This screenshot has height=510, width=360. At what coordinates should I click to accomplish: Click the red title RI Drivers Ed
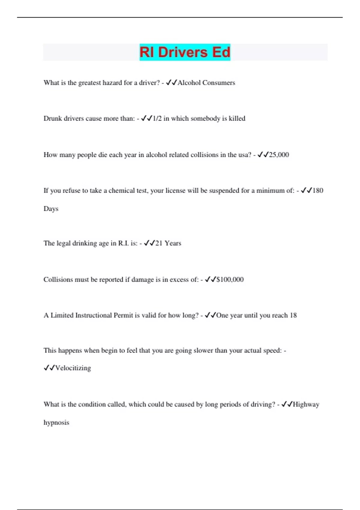[x=185, y=52]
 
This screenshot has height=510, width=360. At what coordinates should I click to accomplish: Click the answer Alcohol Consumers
[x=206, y=83]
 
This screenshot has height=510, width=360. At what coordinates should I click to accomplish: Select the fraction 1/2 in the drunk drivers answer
[x=157, y=118]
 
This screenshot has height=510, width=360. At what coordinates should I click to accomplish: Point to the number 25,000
[x=279, y=155]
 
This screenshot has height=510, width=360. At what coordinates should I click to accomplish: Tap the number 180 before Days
[x=318, y=190]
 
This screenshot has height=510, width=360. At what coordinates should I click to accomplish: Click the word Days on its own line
[x=51, y=209]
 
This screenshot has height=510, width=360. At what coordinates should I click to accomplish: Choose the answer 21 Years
[x=168, y=243]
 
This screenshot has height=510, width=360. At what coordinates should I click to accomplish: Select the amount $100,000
[x=230, y=280]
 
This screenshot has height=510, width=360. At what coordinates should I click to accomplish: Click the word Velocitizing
[x=73, y=368]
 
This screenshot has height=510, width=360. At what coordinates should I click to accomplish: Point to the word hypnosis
[x=56, y=423]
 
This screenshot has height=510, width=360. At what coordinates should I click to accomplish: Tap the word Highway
[x=306, y=404]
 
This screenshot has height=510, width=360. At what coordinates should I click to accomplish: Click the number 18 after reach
[x=293, y=315]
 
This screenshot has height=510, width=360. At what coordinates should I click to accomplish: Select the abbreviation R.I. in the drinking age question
[x=123, y=243]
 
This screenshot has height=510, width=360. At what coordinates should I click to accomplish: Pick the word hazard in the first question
[x=112, y=83]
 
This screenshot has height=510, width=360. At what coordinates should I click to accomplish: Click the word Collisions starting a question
[x=58, y=280]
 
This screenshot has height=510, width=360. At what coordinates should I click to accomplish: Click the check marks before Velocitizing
[x=49, y=368]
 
